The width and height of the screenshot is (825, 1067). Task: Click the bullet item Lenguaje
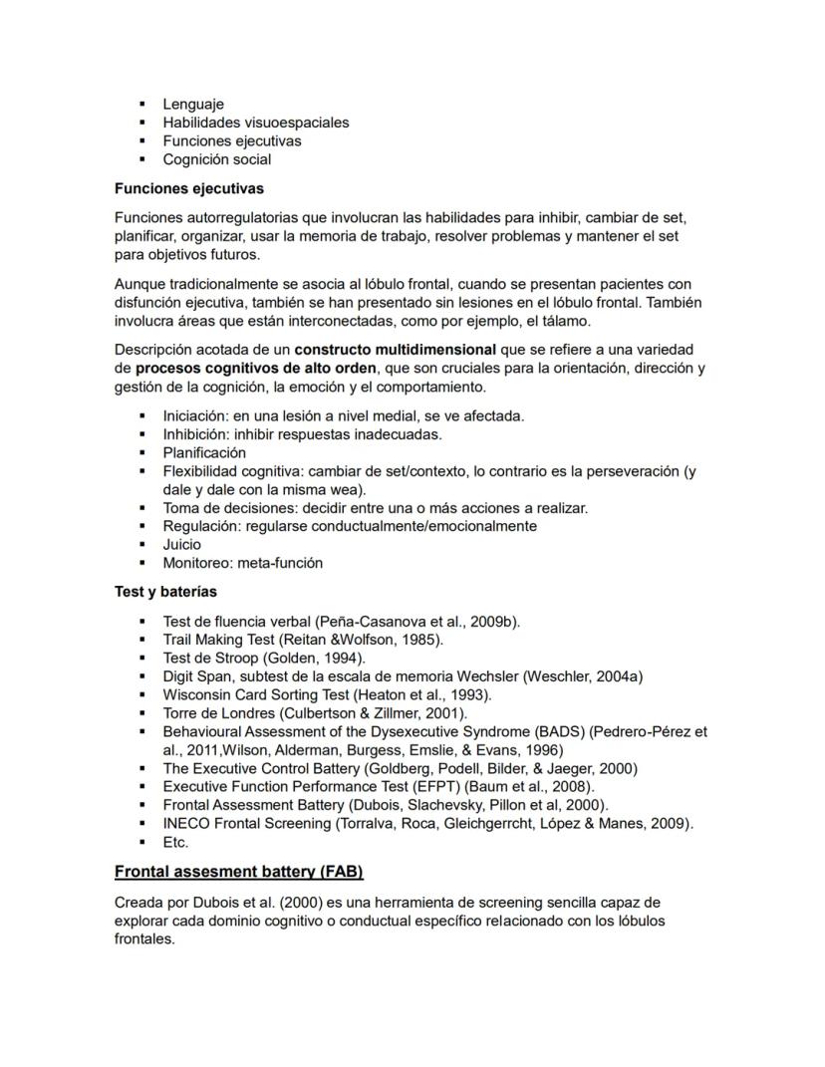coord(193,104)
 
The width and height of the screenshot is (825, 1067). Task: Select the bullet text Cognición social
coord(216,159)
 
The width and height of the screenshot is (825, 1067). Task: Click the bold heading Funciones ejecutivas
coord(188,187)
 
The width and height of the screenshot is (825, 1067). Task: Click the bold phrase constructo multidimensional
coord(395,350)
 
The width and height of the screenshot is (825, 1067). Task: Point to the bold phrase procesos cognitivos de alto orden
coord(256,368)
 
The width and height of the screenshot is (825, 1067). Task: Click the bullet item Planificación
coord(204,452)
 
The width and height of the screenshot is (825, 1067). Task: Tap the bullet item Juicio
coord(181,544)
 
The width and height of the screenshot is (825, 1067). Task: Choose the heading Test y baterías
coord(165,592)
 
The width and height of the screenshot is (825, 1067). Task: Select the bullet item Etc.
coord(175,842)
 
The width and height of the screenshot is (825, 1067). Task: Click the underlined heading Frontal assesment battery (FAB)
coord(238,872)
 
